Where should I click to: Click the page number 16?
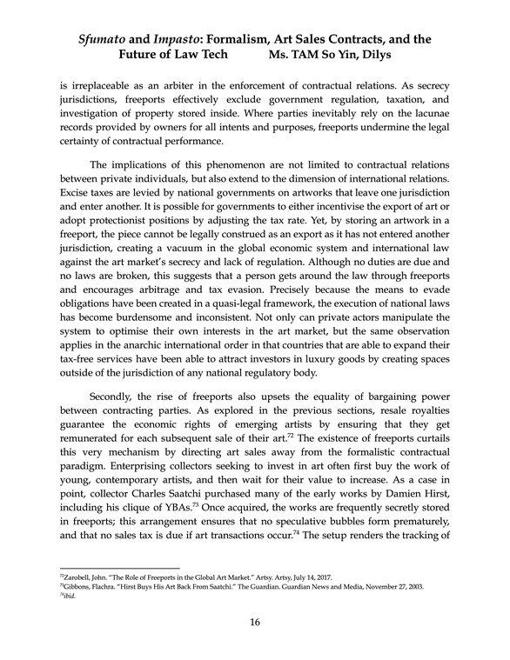pyautogui.click(x=255, y=622)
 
